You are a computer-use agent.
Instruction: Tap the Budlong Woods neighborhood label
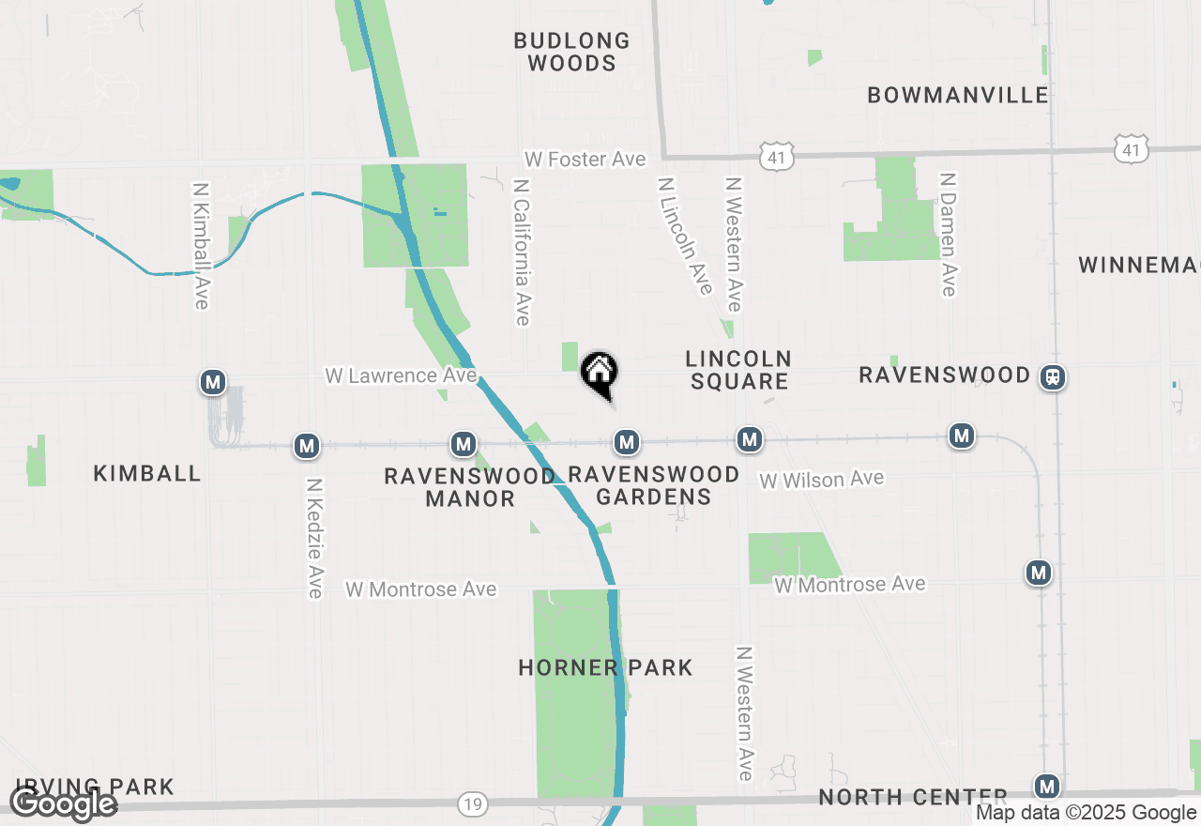coord(571,53)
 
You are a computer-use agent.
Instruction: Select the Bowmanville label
coord(958,95)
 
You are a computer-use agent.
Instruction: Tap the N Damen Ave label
coord(949,234)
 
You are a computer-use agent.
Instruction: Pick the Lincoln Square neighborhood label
coord(738,370)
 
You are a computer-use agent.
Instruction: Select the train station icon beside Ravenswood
coord(1053,377)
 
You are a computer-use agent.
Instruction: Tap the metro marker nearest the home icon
coord(627,441)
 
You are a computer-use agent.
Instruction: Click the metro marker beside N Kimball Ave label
coord(214,382)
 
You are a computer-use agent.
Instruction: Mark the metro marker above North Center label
coord(1047,787)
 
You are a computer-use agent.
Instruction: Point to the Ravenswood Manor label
coord(470,487)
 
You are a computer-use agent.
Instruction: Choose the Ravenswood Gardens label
coord(654,485)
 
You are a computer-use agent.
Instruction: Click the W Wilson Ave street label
coord(822,480)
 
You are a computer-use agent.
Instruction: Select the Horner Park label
coord(605,668)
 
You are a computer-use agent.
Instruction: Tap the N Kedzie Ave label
coord(315,538)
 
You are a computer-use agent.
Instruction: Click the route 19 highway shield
coord(472,803)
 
